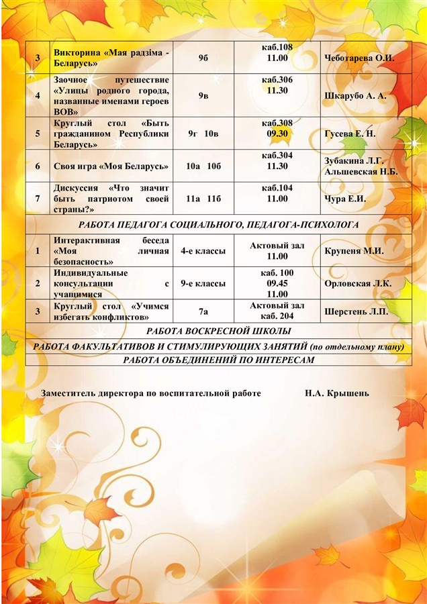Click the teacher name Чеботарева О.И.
(359, 58)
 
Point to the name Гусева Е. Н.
(350, 134)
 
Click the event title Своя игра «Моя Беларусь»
(111, 166)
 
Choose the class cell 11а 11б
(203, 199)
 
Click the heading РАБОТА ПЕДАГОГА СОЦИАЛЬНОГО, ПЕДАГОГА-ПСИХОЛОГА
(218, 225)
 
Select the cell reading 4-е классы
(203, 251)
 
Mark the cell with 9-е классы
(203, 283)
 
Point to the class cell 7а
(203, 311)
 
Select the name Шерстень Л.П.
(355, 311)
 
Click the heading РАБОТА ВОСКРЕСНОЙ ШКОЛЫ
(218, 332)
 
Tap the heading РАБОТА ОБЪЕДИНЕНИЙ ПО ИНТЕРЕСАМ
(218, 360)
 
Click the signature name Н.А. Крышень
(336, 393)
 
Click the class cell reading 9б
(203, 58)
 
